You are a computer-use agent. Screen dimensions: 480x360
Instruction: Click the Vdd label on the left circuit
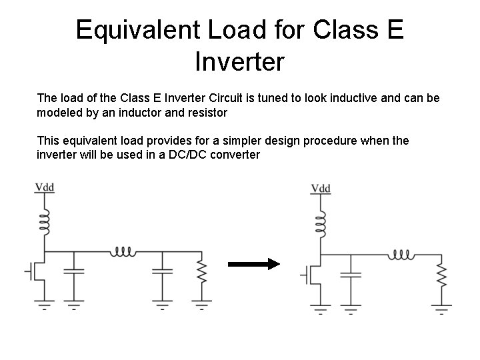tap(45, 187)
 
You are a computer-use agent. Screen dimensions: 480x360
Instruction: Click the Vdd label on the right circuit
tap(321, 189)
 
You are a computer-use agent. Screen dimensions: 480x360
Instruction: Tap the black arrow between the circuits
tap(254, 265)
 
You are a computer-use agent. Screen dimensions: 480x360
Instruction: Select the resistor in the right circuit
tap(441, 273)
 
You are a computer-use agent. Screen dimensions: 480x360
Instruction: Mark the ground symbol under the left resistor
tap(201, 307)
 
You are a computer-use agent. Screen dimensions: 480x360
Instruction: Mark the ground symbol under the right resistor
tap(441, 310)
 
